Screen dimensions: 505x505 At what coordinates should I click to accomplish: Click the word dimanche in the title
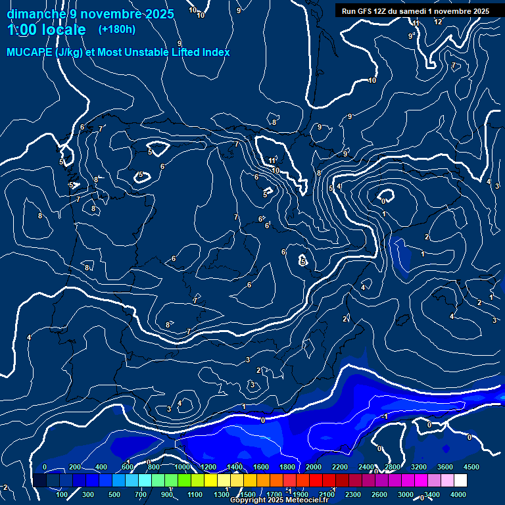(36, 14)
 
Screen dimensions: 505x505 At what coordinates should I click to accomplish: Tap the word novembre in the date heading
(112, 14)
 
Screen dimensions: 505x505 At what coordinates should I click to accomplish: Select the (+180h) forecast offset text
(116, 29)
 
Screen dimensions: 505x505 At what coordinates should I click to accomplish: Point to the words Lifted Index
(199, 52)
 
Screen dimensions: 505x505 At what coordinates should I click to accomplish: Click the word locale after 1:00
(62, 30)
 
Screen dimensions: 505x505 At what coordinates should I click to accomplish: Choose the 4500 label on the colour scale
(471, 467)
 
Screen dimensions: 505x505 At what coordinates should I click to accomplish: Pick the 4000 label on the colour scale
(458, 494)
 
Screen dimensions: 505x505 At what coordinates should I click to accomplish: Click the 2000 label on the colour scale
(314, 467)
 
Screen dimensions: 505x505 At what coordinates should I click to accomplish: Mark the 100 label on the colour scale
(62, 494)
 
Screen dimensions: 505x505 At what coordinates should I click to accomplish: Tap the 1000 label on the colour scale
(182, 467)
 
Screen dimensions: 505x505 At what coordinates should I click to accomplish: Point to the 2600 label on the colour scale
(379, 494)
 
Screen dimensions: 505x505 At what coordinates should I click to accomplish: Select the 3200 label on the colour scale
(419, 467)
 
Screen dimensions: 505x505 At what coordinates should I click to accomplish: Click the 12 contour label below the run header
(438, 22)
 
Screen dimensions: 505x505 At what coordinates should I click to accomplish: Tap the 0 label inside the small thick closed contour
(383, 201)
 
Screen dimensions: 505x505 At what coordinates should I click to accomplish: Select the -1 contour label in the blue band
(385, 416)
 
